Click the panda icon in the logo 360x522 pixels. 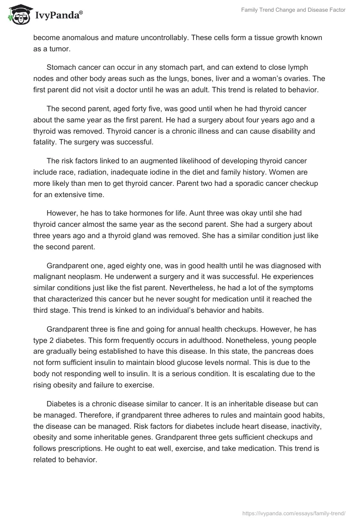pos(17,14)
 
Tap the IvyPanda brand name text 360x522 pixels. pos(56,15)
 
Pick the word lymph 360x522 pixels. pos(298,67)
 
